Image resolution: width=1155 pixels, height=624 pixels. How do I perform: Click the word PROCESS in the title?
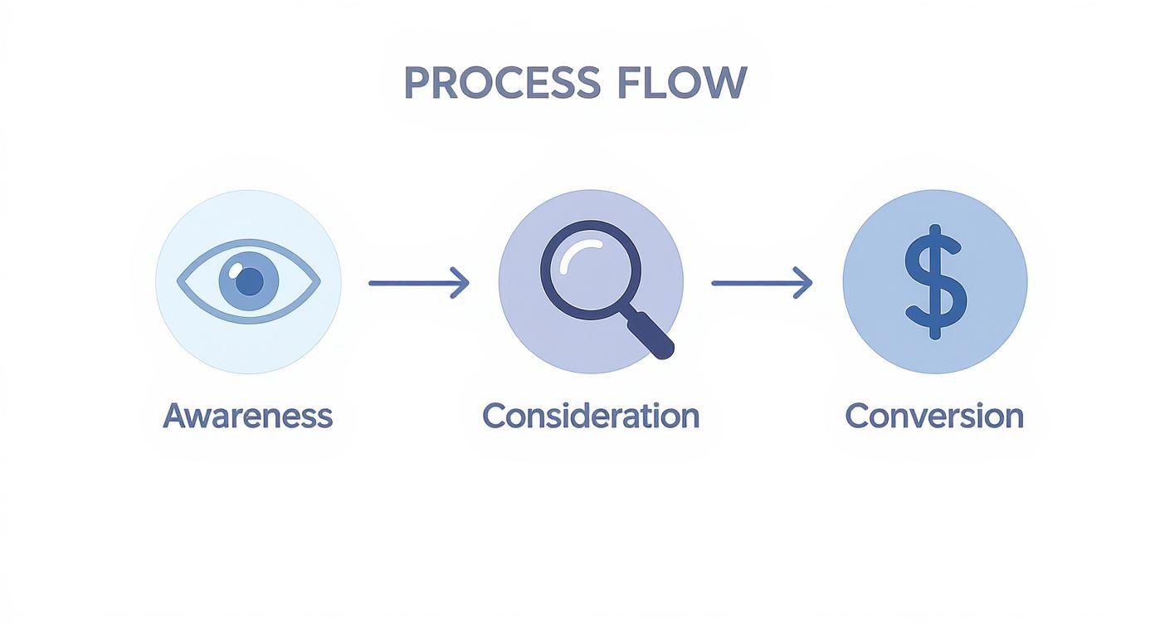pyautogui.click(x=501, y=83)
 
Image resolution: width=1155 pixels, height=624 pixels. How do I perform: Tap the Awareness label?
pyautogui.click(x=247, y=415)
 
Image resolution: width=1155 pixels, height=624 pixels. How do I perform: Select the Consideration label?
pyautogui.click(x=590, y=415)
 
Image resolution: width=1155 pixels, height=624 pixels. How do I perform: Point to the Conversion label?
pyautogui.click(x=933, y=415)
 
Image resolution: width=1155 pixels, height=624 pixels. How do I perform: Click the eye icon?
pyautogui.click(x=248, y=282)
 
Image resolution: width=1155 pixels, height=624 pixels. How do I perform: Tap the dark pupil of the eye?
pyautogui.click(x=249, y=283)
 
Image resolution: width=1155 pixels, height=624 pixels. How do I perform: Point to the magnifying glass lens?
pyautogui.click(x=591, y=270)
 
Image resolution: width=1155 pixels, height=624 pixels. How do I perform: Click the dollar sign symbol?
pyautogui.click(x=935, y=281)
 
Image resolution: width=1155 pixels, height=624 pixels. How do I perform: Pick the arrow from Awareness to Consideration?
pyautogui.click(x=418, y=283)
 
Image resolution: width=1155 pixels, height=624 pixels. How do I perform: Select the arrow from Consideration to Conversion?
pyautogui.click(x=761, y=283)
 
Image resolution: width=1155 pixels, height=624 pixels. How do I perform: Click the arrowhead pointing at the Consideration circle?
pyautogui.click(x=461, y=283)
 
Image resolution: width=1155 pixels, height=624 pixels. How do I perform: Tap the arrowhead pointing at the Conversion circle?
pyautogui.click(x=804, y=283)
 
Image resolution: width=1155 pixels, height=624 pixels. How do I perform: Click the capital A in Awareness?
pyautogui.click(x=173, y=415)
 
